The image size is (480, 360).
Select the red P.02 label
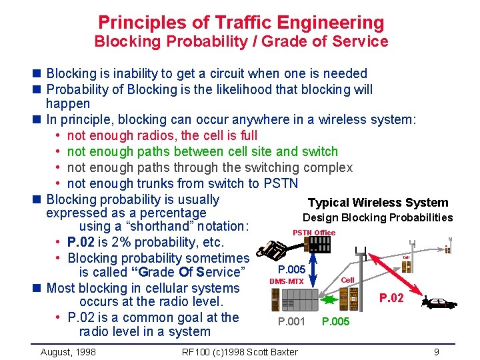[391, 297]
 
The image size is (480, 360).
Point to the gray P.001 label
[291, 322]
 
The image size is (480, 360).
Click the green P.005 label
[335, 322]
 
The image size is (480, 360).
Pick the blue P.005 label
[291, 269]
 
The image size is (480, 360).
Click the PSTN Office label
[314, 232]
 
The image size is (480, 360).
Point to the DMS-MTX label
[286, 281]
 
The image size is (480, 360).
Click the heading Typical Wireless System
[377, 203]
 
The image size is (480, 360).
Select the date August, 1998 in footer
[68, 351]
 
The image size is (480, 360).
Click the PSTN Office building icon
[315, 245]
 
